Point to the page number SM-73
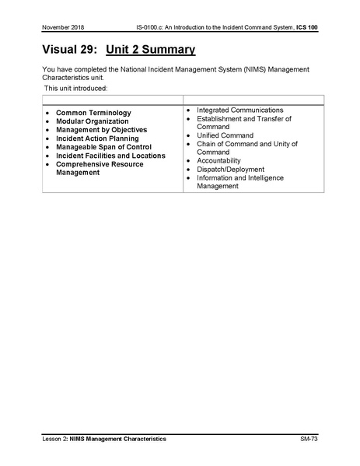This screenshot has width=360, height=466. (x=308, y=440)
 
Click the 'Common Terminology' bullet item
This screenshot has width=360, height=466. (x=93, y=113)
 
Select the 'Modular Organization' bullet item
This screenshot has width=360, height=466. (x=92, y=121)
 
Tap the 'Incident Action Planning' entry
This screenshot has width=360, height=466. (x=97, y=138)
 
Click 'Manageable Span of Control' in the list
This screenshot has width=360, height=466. (x=103, y=147)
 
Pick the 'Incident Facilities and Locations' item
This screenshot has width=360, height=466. (x=110, y=156)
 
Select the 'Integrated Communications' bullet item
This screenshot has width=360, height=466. (x=239, y=110)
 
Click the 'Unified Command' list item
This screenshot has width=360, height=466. (x=225, y=135)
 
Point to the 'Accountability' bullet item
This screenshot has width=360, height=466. (x=218, y=160)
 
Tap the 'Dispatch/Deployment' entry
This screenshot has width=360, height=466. (x=230, y=169)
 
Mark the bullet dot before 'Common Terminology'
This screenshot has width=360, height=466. (x=49, y=113)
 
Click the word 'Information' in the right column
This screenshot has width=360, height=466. (x=216, y=177)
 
